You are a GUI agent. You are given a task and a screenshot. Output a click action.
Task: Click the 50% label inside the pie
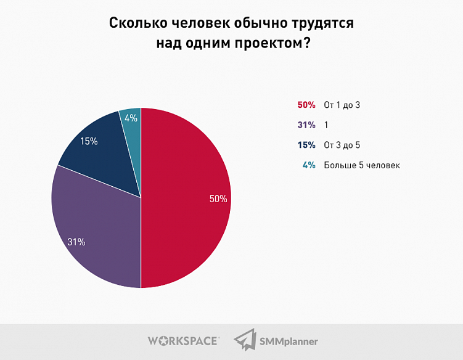[218, 198]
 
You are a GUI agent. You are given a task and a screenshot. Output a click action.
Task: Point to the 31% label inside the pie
[76, 242]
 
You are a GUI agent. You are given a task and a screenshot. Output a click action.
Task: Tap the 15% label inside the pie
[89, 141]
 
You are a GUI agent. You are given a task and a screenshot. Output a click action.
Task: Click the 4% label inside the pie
[131, 118]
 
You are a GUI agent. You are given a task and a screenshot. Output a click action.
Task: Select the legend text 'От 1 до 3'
[342, 105]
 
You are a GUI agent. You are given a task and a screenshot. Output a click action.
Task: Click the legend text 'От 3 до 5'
[342, 145]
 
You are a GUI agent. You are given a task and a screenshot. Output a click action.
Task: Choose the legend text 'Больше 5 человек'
[362, 165]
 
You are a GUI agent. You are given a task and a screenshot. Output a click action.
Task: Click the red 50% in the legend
[306, 105]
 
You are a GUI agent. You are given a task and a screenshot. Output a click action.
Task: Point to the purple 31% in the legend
[306, 125]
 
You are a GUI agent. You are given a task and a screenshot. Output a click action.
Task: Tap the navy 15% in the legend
[306, 145]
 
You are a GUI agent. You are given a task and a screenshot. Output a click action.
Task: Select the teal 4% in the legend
[309, 165]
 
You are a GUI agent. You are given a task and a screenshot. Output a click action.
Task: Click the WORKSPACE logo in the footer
[183, 340]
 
